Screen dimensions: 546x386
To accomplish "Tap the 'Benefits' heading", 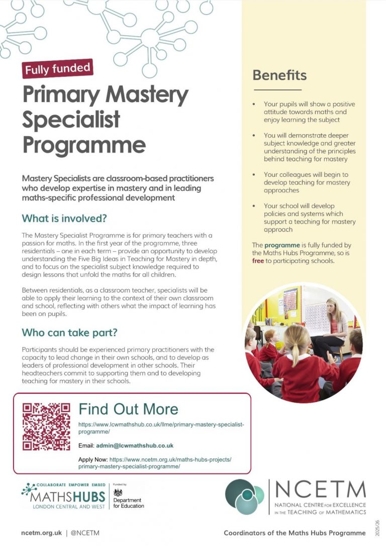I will (x=279, y=75).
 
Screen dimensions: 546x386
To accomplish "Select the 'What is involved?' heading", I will (x=64, y=219).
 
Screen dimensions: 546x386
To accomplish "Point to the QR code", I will (x=46, y=427).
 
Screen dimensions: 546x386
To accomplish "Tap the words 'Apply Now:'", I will (x=93, y=460).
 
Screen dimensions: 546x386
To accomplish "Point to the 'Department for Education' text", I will (x=128, y=503).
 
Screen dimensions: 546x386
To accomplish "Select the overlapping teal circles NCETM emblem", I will (x=245, y=496).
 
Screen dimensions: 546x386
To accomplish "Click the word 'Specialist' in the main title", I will (x=71, y=120).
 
